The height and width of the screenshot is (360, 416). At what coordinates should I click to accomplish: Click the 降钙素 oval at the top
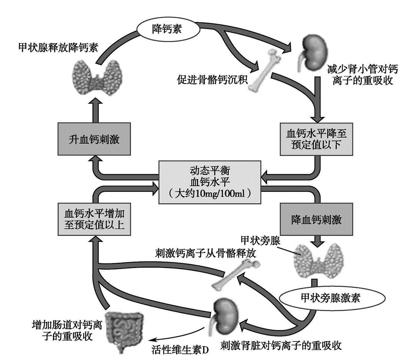tap(168, 29)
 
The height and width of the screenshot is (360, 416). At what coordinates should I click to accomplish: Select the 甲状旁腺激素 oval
tap(330, 298)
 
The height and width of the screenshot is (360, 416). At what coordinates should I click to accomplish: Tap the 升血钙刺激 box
tap(94, 139)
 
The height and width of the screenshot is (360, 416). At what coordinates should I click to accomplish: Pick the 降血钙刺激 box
tap(316, 219)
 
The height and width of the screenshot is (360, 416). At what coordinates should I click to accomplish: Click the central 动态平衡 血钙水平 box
tap(210, 182)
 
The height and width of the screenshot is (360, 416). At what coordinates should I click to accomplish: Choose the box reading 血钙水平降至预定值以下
tap(316, 139)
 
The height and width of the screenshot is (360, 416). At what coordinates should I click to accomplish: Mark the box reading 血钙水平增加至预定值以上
tap(94, 219)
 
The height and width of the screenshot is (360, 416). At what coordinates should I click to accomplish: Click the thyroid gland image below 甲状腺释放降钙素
tap(98, 78)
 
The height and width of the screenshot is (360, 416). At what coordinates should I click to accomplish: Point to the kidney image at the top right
tap(312, 53)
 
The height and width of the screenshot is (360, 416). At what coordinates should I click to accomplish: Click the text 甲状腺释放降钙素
tap(58, 48)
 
